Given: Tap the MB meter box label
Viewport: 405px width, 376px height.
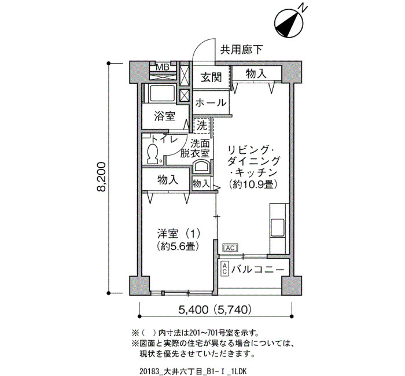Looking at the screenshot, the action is pyautogui.click(x=163, y=68).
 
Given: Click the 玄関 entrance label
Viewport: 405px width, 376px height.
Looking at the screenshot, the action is pyautogui.click(x=211, y=77).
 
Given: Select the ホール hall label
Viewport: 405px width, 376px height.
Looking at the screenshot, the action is pyautogui.click(x=211, y=103).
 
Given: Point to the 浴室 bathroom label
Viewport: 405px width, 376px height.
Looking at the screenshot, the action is pyautogui.click(x=164, y=116).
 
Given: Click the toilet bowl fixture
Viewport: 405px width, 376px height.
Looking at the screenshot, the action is pyautogui.click(x=152, y=154).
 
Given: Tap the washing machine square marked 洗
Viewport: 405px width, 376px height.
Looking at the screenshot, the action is pyautogui.click(x=202, y=126).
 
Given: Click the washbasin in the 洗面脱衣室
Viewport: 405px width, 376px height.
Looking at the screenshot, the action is pyautogui.click(x=202, y=167).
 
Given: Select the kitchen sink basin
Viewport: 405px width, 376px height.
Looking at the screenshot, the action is pyautogui.click(x=277, y=227).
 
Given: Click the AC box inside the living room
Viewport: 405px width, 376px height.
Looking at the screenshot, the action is pyautogui.click(x=230, y=248).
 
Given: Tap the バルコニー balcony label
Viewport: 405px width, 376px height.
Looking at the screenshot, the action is pyautogui.click(x=257, y=270).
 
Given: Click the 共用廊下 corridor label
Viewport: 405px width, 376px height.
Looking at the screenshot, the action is pyautogui.click(x=241, y=50).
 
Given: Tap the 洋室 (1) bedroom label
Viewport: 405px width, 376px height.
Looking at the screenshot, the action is pyautogui.click(x=178, y=234).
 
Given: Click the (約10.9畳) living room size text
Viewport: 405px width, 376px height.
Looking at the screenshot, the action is pyautogui.click(x=253, y=184).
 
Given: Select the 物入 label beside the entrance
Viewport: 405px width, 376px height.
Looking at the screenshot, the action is pyautogui.click(x=256, y=74).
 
